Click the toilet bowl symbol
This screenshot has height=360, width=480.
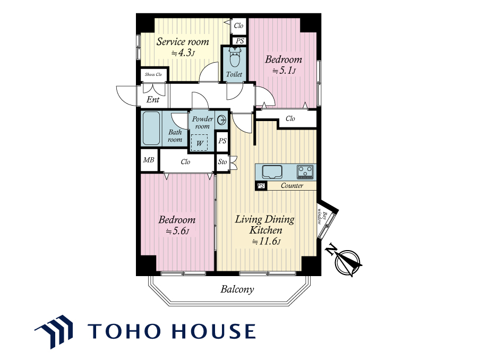point(235,57)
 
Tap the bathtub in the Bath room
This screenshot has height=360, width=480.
point(151,128)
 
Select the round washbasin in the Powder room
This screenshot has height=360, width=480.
point(221,119)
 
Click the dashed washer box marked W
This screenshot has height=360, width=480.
point(199,143)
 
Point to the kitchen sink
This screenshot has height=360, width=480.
point(272,172)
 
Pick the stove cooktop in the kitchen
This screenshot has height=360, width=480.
point(305,172)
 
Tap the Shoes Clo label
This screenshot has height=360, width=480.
point(153,74)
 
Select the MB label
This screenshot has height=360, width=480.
point(149,160)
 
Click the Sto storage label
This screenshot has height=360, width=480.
point(222,161)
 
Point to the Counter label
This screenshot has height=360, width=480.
point(292,185)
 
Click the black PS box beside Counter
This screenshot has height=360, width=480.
point(261,186)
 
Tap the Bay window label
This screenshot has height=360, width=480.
point(322,217)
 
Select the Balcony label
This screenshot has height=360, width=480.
point(237,289)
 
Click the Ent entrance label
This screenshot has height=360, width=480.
point(153,99)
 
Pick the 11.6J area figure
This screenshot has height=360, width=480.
point(266,242)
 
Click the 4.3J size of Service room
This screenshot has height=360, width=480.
point(183,53)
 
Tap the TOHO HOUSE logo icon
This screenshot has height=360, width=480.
point(55,331)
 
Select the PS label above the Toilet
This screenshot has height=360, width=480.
point(240,41)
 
